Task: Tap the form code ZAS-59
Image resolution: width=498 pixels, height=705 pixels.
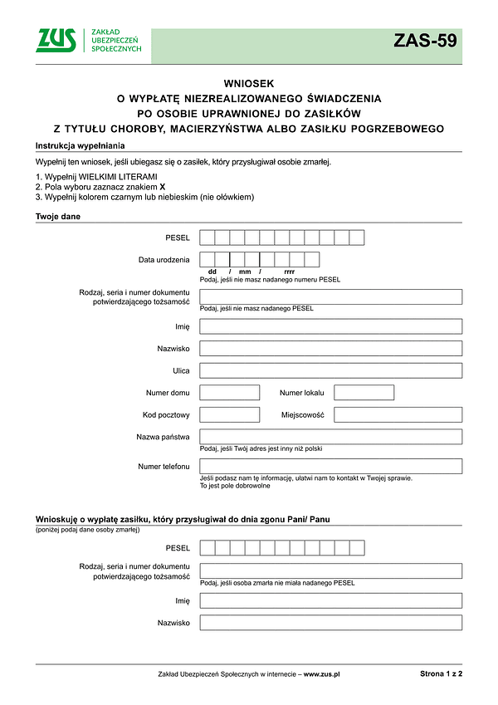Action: pos(425,41)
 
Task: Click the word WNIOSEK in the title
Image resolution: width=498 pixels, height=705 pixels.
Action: pos(248,83)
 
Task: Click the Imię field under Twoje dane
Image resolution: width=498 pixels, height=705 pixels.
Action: pos(330,326)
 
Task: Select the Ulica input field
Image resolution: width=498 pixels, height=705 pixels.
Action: pos(330,370)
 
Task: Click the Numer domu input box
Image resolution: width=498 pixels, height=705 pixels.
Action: pos(230,392)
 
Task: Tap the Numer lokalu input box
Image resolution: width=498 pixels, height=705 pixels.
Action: pos(364,392)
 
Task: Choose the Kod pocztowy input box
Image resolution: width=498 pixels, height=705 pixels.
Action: pos(230,414)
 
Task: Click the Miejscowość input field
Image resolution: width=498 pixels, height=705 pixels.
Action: pos(398,414)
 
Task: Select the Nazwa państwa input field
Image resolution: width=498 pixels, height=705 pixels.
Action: pos(330,436)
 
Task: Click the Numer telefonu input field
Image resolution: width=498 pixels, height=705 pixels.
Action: pos(330,466)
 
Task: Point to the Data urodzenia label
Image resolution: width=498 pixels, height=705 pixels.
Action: pos(164,260)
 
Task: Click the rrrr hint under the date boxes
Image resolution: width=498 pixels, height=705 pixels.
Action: pos(289,272)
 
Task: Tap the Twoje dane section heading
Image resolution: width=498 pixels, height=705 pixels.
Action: pos(57,217)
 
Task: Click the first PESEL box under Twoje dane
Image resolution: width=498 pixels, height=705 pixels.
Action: pos(207,238)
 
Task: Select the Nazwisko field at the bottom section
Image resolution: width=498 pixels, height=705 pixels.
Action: pos(330,622)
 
